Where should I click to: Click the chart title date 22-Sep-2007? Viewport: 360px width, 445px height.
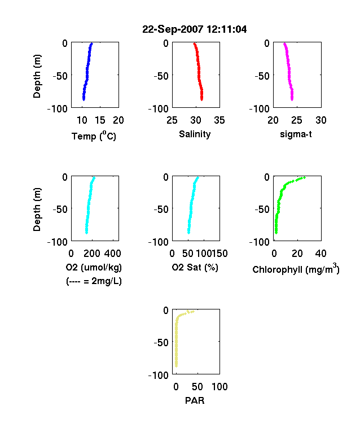click(173, 29)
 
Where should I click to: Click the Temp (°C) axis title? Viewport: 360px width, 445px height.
click(94, 136)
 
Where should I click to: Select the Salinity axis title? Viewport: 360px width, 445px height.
click(195, 134)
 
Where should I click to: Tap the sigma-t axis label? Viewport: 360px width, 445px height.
click(296, 134)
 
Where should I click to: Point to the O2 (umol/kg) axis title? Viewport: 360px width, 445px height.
click(94, 268)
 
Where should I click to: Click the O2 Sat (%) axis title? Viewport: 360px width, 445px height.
click(195, 268)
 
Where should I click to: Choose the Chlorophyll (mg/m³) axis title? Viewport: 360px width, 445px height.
click(296, 269)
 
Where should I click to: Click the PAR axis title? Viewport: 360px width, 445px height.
click(195, 400)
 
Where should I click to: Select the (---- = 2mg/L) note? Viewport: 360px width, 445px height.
click(94, 281)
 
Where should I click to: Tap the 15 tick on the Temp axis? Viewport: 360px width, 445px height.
click(100, 120)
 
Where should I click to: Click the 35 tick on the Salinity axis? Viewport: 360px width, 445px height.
click(219, 120)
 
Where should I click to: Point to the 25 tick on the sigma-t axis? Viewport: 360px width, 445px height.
click(296, 120)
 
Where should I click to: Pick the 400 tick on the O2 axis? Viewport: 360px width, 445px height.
click(112, 254)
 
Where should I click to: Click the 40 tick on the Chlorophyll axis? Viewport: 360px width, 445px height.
click(321, 254)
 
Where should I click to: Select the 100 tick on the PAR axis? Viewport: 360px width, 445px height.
click(219, 386)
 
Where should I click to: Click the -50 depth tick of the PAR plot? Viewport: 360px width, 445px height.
click(161, 342)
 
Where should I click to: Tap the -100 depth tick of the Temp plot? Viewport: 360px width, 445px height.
click(57, 108)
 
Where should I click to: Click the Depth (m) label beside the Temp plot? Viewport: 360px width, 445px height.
click(37, 76)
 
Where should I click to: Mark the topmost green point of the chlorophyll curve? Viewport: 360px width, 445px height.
click(305, 178)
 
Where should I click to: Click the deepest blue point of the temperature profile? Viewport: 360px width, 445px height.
click(84, 99)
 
